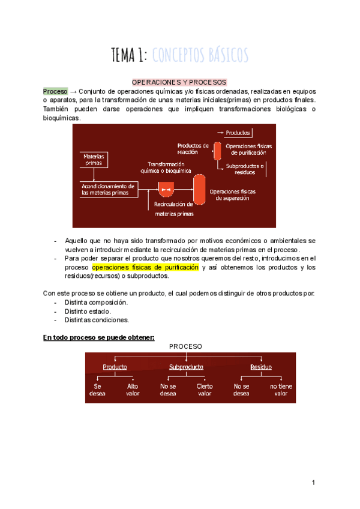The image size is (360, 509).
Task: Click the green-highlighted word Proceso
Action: [55, 91]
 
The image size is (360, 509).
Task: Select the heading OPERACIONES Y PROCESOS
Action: [179, 81]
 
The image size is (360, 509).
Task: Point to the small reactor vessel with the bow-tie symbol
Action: [166, 190]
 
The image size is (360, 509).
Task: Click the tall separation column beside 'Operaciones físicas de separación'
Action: [199, 188]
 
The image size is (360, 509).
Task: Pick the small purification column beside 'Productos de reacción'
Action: [217, 151]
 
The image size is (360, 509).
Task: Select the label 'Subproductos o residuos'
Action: [245, 169]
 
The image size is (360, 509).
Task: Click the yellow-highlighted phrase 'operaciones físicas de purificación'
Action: [145, 267]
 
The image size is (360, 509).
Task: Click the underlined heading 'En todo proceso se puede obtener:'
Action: [99, 337]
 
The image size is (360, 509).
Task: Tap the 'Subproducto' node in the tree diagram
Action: [186, 367]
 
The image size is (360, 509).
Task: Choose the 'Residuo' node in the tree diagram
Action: [261, 367]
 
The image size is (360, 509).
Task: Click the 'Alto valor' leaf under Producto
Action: [133, 390]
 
